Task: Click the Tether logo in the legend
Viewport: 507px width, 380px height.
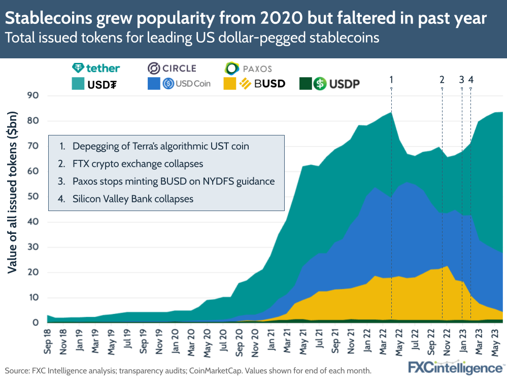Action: [96, 68]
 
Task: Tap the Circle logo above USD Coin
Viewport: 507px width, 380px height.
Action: [172, 68]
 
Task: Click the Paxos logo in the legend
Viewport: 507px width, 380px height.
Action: [249, 68]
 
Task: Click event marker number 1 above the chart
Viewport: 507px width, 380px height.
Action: [391, 79]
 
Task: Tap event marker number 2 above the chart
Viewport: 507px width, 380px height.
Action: [442, 79]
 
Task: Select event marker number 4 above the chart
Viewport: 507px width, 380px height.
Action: [471, 79]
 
